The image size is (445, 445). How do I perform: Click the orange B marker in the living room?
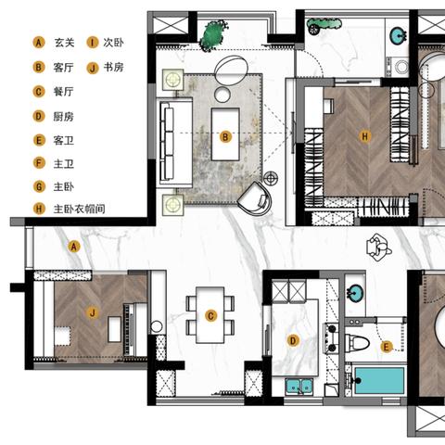(225, 137)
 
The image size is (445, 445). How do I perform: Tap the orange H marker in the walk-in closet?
(365, 136)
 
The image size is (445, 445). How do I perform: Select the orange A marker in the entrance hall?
(74, 247)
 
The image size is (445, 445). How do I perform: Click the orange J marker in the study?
(93, 313)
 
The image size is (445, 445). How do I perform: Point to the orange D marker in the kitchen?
(293, 341)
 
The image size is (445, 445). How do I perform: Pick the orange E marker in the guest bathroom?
(386, 347)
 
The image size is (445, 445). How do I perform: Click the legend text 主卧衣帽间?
(80, 210)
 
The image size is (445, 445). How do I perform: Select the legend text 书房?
(114, 67)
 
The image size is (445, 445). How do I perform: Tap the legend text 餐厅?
(64, 92)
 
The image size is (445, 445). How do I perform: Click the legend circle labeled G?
(39, 186)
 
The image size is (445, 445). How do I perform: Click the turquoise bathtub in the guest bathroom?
(379, 380)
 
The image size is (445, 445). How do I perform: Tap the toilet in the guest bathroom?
(357, 343)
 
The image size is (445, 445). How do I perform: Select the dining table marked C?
(210, 315)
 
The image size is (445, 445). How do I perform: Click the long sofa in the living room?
(174, 143)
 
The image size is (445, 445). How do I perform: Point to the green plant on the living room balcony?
(214, 35)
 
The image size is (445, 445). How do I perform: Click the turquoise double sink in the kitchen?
(299, 386)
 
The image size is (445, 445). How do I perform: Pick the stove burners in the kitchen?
(331, 338)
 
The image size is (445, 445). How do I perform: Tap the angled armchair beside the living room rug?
(256, 198)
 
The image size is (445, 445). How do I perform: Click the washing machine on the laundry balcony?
(401, 67)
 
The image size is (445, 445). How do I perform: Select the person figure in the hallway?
(378, 248)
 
